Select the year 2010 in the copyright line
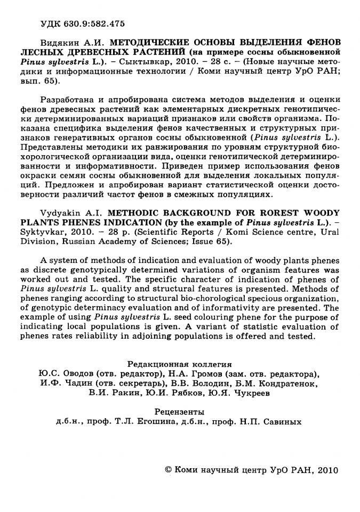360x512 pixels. (321, 470)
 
